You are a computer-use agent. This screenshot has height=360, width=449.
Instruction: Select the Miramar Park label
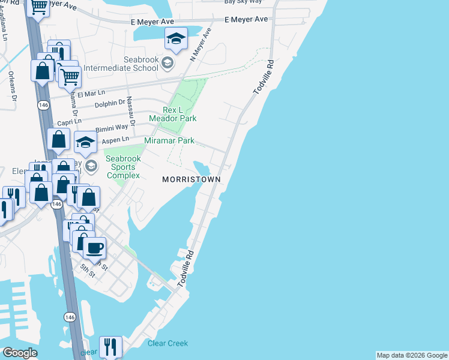[169, 140]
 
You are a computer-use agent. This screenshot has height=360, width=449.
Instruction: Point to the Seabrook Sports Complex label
[123, 167]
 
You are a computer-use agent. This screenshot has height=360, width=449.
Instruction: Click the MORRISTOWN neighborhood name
[191, 179]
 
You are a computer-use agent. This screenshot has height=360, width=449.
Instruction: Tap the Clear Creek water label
[167, 343]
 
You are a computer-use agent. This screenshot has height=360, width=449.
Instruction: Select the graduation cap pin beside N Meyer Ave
[176, 38]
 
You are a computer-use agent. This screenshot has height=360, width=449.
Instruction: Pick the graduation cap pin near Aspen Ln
[85, 142]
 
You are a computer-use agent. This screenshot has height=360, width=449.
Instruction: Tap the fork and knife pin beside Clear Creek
[110, 346]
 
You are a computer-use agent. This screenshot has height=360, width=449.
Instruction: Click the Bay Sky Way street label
[243, 2]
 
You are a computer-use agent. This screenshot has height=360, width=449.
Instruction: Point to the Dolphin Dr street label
[110, 104]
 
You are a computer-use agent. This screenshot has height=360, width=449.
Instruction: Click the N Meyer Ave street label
[201, 44]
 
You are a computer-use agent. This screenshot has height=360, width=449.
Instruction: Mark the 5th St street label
[88, 271]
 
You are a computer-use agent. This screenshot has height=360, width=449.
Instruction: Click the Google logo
[20, 353]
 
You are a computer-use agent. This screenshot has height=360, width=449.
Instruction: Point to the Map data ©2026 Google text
[411, 355]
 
